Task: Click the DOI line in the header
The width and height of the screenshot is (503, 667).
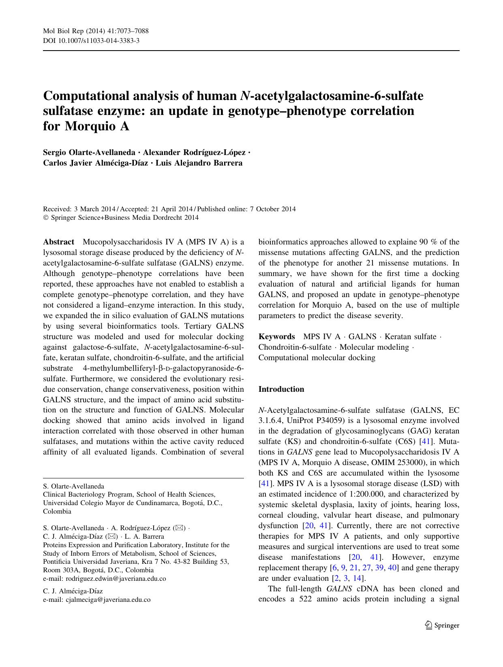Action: click(91, 41)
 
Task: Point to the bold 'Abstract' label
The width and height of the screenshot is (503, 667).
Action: click(59, 242)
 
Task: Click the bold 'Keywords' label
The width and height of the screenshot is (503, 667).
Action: click(277, 337)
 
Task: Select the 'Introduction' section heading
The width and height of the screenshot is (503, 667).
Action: click(281, 389)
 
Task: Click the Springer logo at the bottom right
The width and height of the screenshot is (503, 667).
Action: click(442, 625)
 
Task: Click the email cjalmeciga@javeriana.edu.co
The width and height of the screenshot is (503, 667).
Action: click(108, 600)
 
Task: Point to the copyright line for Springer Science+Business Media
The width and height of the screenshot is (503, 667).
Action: click(121, 218)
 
